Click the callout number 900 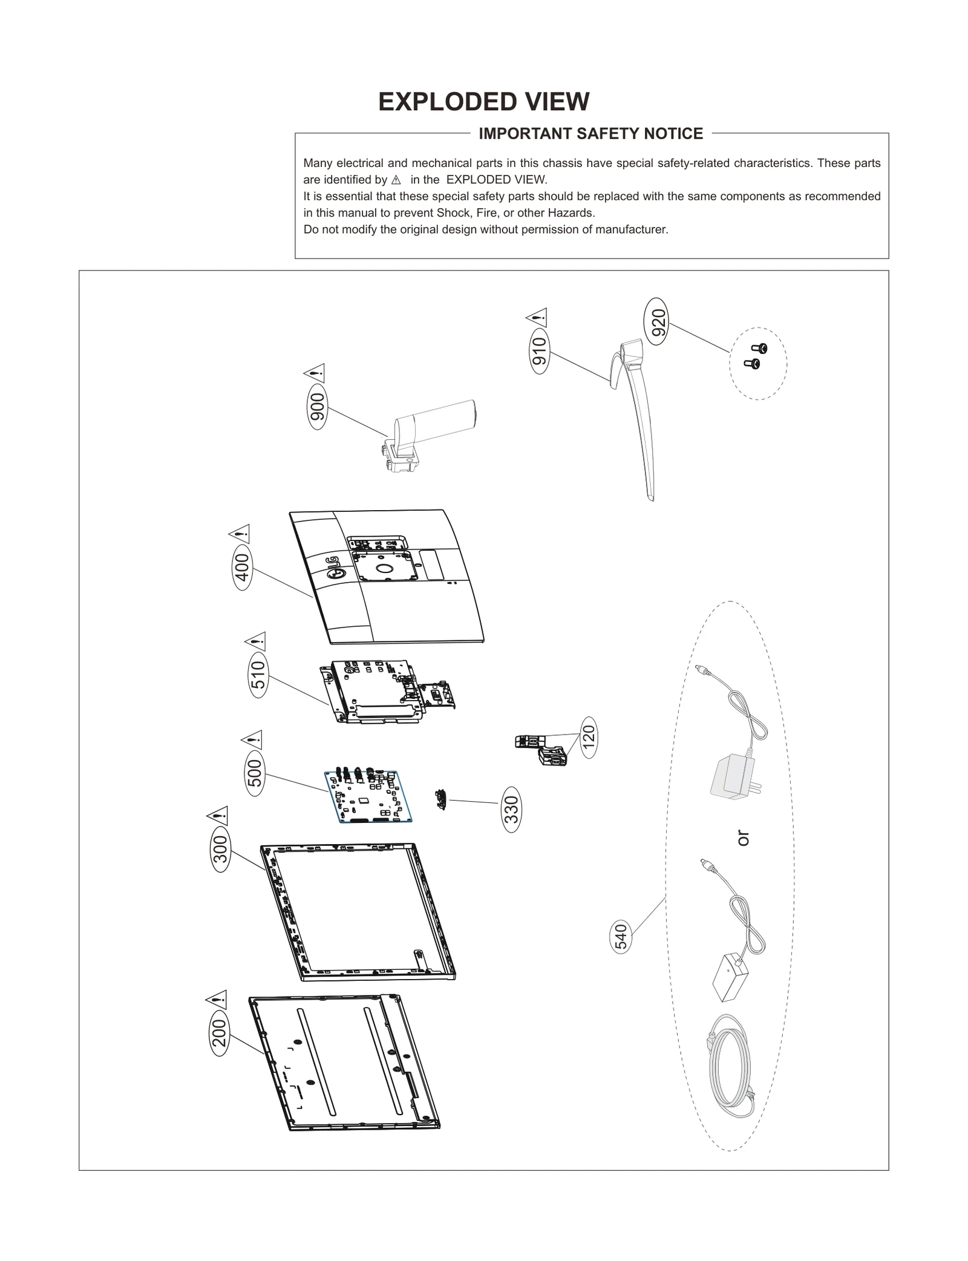[x=317, y=407]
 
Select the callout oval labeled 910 [x=538, y=350]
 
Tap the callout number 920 [x=658, y=321]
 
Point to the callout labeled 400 [x=242, y=568]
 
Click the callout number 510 [x=258, y=675]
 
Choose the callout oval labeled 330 [x=511, y=809]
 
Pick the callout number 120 [x=589, y=736]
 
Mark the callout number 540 [x=621, y=936]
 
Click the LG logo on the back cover [x=333, y=566]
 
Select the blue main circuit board [x=368, y=796]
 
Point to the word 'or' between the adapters [x=743, y=838]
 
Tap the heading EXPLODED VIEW [x=483, y=102]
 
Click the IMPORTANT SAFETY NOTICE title [x=590, y=134]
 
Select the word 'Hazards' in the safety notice [x=570, y=213]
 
